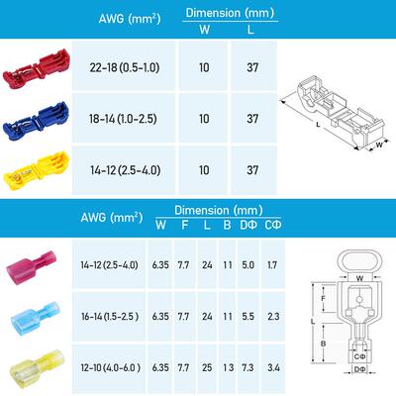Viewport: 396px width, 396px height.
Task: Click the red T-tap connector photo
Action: pos(37,69)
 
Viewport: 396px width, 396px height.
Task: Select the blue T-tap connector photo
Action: pos(37,121)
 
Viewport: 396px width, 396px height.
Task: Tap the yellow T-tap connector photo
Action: pos(37,171)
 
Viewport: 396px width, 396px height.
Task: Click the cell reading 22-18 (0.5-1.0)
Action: pos(125,67)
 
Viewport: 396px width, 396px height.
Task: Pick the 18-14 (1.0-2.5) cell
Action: pos(123,119)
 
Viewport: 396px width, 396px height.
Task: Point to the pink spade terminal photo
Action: pos(32,267)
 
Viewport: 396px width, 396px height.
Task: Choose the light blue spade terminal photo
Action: pos(36,318)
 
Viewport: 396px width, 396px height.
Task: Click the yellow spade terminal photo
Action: pos(37,367)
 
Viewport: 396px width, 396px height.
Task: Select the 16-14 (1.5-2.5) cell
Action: pos(110,317)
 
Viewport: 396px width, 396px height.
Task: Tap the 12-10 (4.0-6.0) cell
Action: pos(111,367)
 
